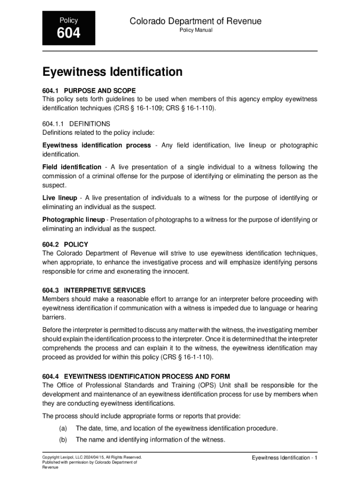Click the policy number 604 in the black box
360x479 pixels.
(69, 34)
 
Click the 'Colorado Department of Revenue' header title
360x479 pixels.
(195, 21)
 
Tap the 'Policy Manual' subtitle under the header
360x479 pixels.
(196, 30)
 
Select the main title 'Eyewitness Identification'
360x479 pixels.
(112, 72)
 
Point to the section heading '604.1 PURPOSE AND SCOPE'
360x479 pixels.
(89, 90)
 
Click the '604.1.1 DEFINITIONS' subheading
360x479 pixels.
(76, 124)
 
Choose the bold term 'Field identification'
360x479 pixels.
(72, 167)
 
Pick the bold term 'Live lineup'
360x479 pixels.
(60, 198)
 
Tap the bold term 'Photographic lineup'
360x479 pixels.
(73, 219)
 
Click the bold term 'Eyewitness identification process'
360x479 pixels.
(96, 145)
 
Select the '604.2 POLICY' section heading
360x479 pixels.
(65, 244)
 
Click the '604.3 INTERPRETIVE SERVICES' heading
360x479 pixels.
(94, 290)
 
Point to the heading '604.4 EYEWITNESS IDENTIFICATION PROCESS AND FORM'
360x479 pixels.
(136, 376)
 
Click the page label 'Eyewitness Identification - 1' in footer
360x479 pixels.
(284, 457)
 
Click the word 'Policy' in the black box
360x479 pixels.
(69, 20)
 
